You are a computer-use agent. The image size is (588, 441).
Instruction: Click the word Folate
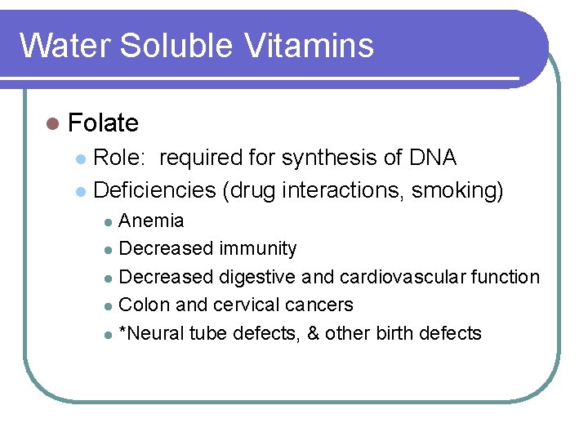click(104, 123)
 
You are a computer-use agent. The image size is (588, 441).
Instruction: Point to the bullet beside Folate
click(53, 124)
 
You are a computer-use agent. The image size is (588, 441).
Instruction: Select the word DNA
click(433, 158)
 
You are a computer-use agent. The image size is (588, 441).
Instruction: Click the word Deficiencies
click(155, 190)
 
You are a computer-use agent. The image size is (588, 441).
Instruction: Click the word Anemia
click(152, 220)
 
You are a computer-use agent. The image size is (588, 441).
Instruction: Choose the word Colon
click(145, 305)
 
